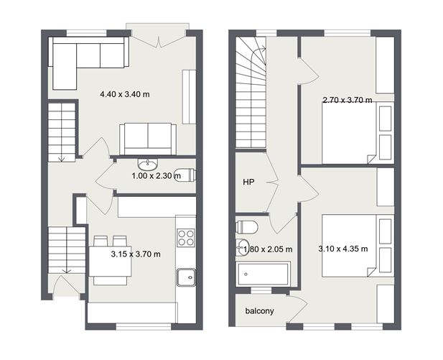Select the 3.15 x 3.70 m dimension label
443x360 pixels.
tap(136, 254)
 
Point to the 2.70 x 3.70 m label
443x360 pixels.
tap(348, 100)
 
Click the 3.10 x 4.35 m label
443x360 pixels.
tap(343, 249)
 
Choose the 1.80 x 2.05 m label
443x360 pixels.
tap(269, 249)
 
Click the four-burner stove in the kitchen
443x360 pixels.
tap(186, 237)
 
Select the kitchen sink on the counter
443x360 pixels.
tap(187, 275)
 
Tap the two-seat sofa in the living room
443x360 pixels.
tap(147, 137)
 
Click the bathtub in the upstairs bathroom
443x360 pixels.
tap(264, 273)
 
